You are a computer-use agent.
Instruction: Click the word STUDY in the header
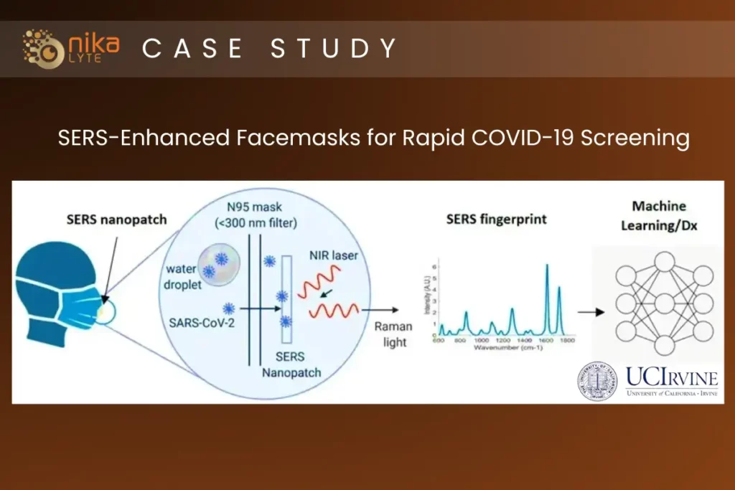click(334, 48)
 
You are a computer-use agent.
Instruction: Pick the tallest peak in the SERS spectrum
click(547, 267)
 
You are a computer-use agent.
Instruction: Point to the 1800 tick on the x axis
click(567, 341)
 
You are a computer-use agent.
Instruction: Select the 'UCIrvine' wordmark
click(671, 377)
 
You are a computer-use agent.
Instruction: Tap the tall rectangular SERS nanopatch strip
click(288, 298)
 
